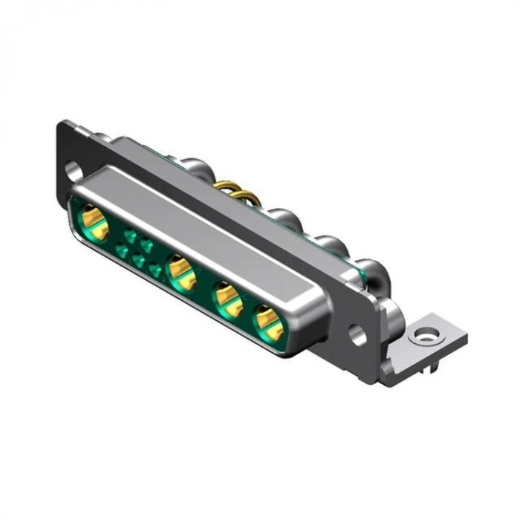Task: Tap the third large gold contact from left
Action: pyautogui.click(x=227, y=299)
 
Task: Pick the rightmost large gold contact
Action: pyautogui.click(x=267, y=322)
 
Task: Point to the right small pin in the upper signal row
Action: pyautogui.click(x=146, y=244)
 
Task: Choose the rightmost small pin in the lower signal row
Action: pyautogui.click(x=155, y=270)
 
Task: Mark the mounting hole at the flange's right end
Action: pyautogui.click(x=359, y=336)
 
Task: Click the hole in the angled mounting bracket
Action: pyautogui.click(x=424, y=338)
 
